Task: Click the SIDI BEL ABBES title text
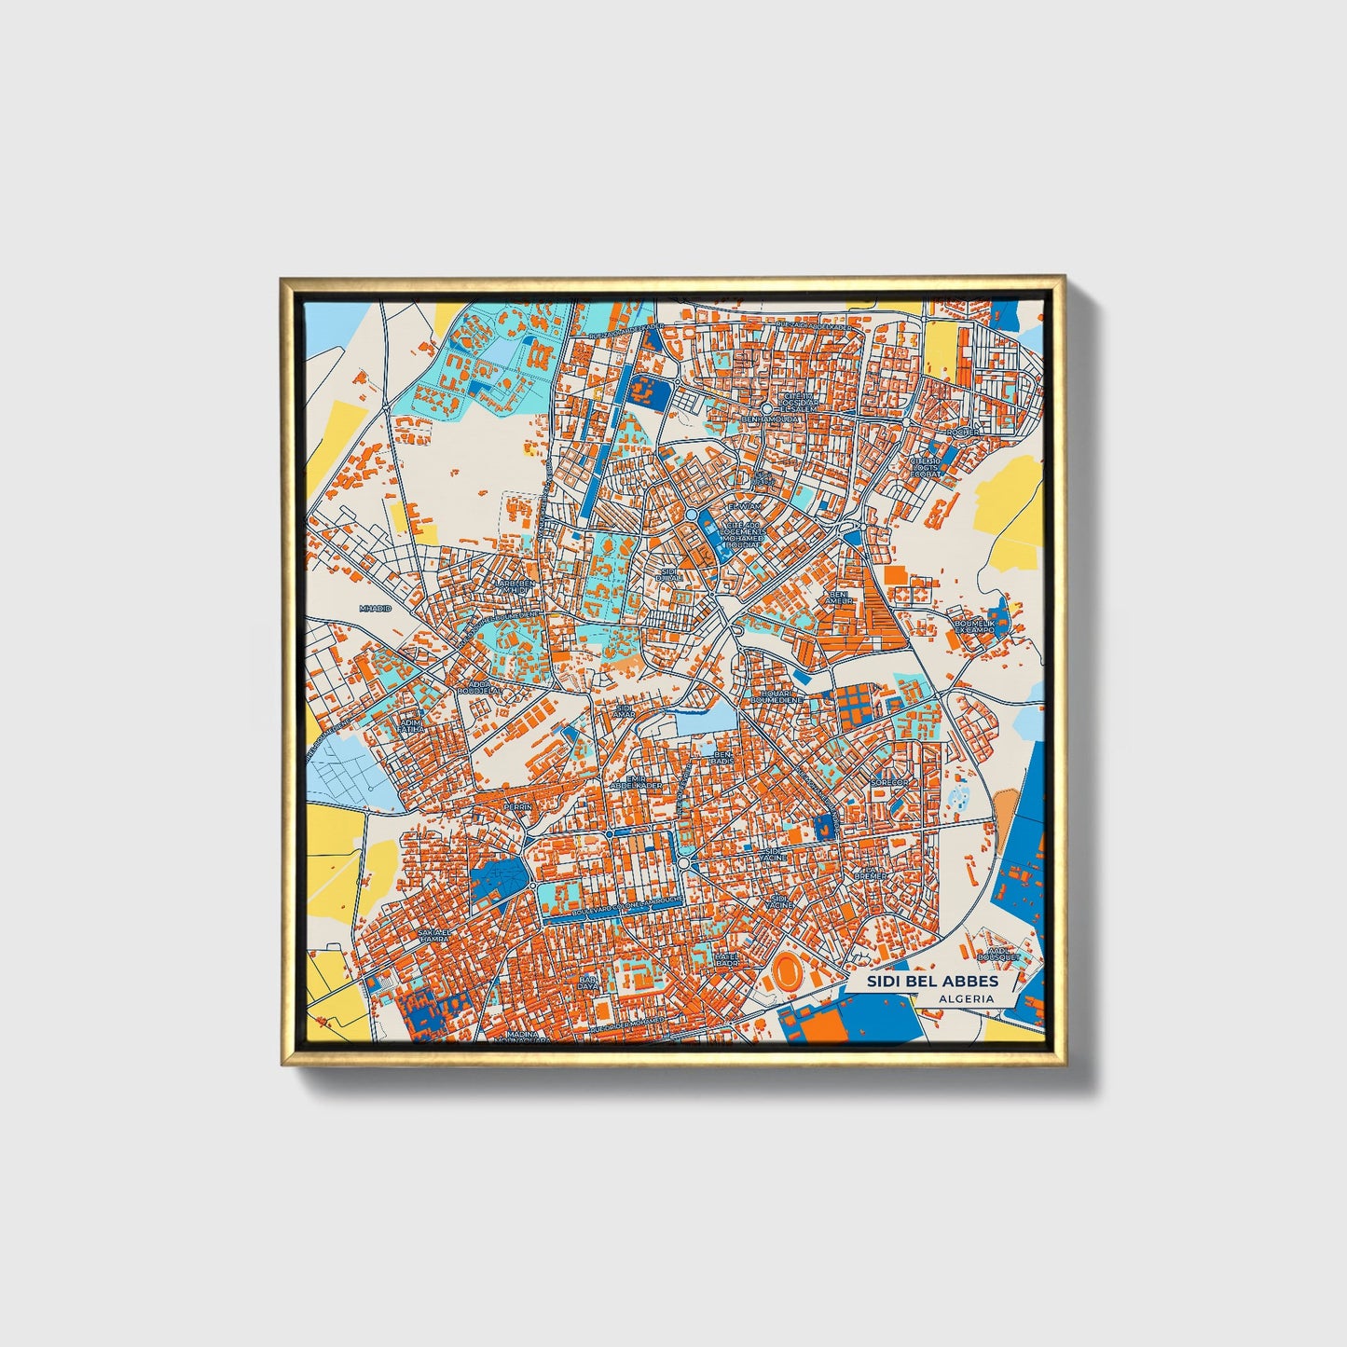[x=932, y=982]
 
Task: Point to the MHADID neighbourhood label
[x=376, y=608]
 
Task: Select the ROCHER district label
[x=963, y=433]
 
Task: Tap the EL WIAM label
[x=745, y=506]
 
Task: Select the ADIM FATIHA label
[x=411, y=726]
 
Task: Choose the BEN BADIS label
[x=722, y=759]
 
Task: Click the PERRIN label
[x=516, y=806]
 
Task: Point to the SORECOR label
[x=888, y=782]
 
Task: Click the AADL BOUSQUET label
[x=995, y=954]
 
